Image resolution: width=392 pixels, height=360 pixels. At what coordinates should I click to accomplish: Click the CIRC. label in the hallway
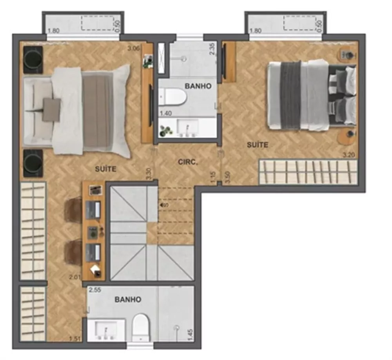click(x=187, y=161)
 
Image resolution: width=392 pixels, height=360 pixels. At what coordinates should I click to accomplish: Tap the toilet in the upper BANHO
click(x=174, y=97)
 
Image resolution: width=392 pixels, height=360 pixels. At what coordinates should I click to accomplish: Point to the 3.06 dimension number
click(x=134, y=49)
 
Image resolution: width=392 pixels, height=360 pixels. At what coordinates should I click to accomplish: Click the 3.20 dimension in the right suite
click(x=348, y=155)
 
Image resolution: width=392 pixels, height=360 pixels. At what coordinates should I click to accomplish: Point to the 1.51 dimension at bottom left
click(x=74, y=339)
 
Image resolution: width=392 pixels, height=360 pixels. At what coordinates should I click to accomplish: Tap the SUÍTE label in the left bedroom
click(x=106, y=169)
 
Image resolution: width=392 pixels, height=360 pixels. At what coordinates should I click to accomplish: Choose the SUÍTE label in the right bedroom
click(x=258, y=145)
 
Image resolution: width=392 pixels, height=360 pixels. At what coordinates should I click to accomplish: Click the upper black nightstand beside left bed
click(x=33, y=59)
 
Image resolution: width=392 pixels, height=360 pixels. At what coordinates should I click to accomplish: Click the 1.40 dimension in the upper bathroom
click(x=165, y=114)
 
